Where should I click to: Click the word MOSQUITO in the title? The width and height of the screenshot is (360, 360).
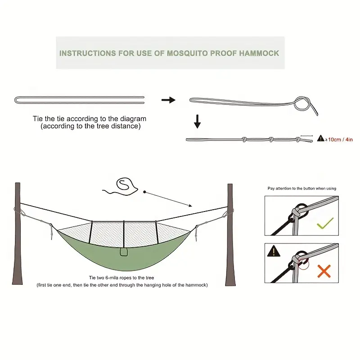pos(187,53)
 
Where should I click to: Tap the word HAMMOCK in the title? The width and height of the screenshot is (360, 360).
pos(259,53)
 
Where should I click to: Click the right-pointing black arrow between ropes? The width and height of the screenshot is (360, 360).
pos(168,100)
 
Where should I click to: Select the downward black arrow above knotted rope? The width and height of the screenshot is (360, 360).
pos(197,121)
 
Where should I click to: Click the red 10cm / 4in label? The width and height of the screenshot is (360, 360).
pos(340,139)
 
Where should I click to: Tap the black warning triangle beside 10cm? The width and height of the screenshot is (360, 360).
pos(320,138)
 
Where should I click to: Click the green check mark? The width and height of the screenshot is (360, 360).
pos(325,223)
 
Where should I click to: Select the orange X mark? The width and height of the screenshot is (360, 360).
pos(324,271)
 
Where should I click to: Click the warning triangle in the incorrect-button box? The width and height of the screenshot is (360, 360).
pos(274,251)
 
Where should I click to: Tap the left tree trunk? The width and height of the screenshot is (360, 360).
pos(18,234)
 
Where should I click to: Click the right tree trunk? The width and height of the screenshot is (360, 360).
pos(230,234)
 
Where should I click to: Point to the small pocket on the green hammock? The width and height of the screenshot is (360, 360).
pos(124,252)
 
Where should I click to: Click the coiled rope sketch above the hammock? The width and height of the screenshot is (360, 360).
pos(121,187)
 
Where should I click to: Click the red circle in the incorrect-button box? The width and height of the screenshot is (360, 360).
pos(303,264)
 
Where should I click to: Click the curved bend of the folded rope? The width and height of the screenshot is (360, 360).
pos(15,100)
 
